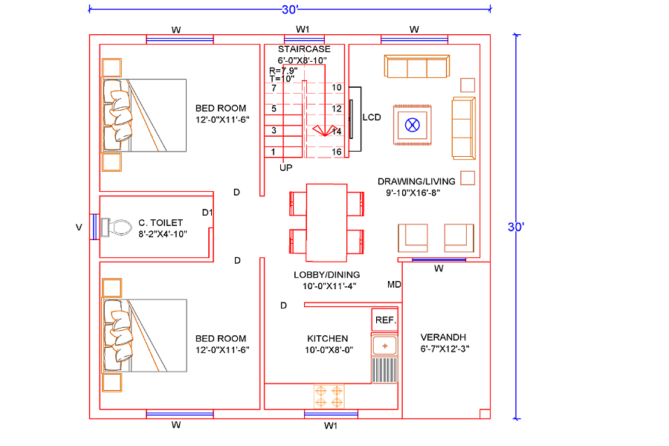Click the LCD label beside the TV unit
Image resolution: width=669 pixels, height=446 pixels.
pyautogui.click(x=372, y=117)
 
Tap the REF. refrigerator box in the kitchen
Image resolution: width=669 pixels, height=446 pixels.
pyautogui.click(x=385, y=320)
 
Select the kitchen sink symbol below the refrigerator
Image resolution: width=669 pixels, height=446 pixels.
pyautogui.click(x=385, y=345)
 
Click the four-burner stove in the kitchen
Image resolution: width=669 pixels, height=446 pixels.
pyautogui.click(x=329, y=395)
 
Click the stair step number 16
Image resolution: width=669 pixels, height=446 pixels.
pyautogui.click(x=337, y=152)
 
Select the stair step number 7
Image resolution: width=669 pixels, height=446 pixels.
pyautogui.click(x=274, y=88)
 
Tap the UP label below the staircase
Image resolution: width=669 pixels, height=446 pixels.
pyautogui.click(x=286, y=168)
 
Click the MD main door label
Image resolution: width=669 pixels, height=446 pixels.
pyautogui.click(x=394, y=285)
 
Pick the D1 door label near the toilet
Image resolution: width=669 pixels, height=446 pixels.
pyautogui.click(x=207, y=213)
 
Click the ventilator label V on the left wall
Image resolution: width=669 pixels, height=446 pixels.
pyautogui.click(x=79, y=228)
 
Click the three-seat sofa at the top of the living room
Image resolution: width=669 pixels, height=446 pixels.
pyautogui.click(x=416, y=67)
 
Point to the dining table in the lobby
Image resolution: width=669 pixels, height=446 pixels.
pyautogui.click(x=327, y=222)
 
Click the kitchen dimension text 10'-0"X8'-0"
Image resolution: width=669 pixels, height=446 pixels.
pyautogui.click(x=328, y=349)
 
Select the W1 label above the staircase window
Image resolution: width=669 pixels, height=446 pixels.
pyautogui.click(x=303, y=29)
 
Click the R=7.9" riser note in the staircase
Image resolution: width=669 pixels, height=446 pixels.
pyautogui.click(x=283, y=71)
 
